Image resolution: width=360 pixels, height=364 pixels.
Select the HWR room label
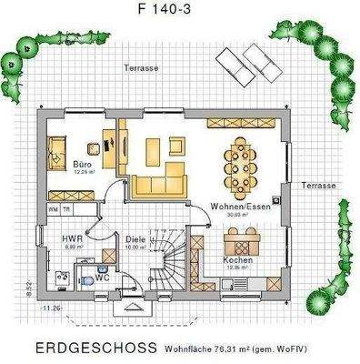tap(72, 238)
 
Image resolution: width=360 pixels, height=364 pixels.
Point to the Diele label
tap(135, 239)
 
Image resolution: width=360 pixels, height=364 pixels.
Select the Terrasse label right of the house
tap(319, 186)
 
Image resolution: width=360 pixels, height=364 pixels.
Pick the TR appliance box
tap(65, 208)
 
